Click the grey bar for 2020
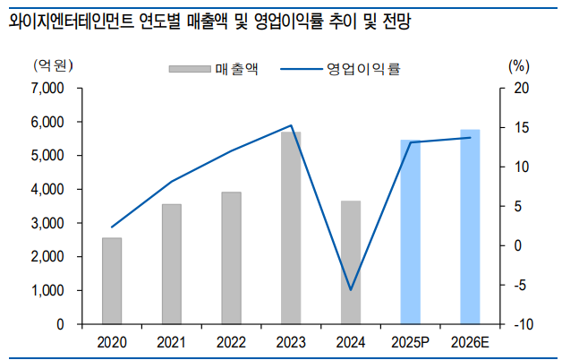coord(112,280)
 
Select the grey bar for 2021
coord(172,264)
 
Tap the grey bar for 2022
coord(231,258)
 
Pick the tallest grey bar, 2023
coord(291,227)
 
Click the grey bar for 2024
coord(351,261)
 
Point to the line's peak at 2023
coord(291,125)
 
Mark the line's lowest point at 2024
coord(351,290)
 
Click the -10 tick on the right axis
coord(524,324)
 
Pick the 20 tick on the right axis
coord(523,88)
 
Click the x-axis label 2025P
coord(411,342)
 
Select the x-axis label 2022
coord(231,342)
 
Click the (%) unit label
coord(519,64)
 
